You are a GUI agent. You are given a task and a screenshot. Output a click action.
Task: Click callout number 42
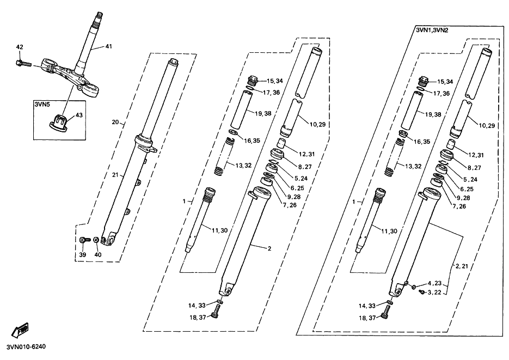[20, 47]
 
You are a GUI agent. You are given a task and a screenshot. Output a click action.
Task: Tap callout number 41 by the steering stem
[108, 47]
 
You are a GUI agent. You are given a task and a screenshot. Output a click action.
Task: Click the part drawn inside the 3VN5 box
[59, 121]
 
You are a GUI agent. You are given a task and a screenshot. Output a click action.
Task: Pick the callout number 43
[79, 115]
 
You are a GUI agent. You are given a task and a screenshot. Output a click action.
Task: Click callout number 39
[82, 254]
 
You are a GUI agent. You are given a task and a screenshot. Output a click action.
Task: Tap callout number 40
[98, 254]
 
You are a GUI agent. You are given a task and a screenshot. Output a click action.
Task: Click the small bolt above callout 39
[83, 240]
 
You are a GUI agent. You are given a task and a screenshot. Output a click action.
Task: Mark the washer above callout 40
[96, 240]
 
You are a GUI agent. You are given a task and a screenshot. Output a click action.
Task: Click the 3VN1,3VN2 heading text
[432, 30]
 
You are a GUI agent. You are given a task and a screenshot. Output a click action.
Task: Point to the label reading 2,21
[461, 266]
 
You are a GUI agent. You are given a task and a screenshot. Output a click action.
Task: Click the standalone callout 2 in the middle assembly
[268, 248]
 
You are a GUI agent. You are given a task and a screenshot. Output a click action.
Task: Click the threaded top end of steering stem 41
[100, 17]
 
